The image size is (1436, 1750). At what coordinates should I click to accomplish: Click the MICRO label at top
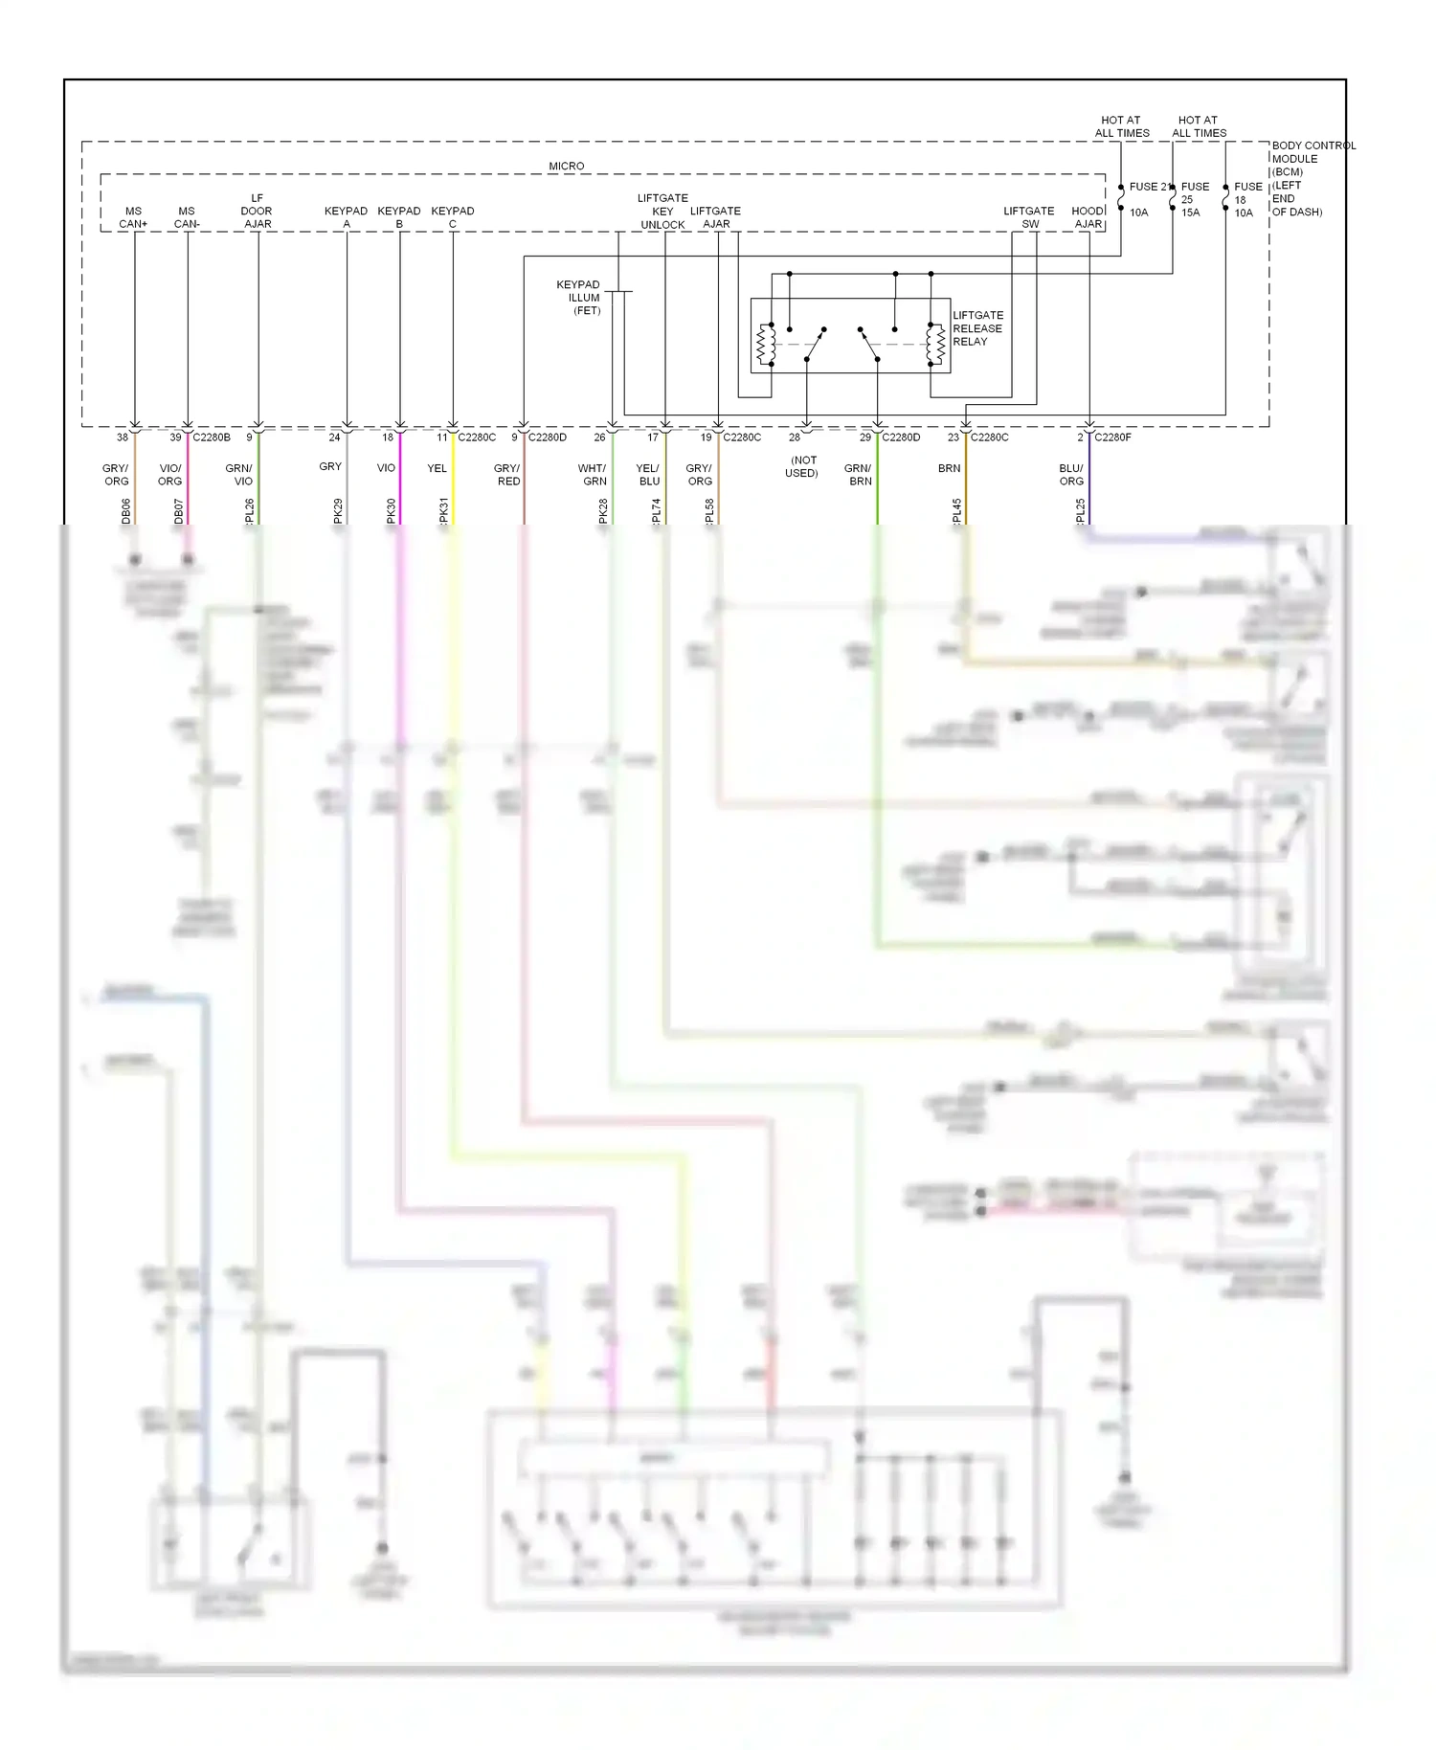(x=566, y=166)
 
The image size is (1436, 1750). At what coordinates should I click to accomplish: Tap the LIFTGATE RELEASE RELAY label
(x=977, y=328)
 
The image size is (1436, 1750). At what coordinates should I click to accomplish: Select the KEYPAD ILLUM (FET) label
(x=579, y=298)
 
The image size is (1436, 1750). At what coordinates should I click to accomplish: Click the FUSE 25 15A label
(x=1194, y=199)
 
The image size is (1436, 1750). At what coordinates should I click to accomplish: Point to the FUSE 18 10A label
(x=1246, y=199)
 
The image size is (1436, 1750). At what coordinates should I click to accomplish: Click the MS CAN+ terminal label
(x=133, y=217)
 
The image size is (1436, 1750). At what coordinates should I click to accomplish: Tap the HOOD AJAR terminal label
(x=1088, y=217)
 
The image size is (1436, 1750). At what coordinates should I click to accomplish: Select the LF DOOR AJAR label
(x=257, y=212)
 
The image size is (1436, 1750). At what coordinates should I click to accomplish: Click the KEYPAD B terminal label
(x=399, y=217)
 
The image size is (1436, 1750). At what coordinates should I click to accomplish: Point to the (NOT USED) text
(x=802, y=466)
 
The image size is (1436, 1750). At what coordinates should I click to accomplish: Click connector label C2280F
(x=1112, y=437)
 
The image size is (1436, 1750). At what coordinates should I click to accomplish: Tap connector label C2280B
(x=212, y=437)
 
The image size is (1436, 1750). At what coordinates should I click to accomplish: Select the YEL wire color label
(x=437, y=468)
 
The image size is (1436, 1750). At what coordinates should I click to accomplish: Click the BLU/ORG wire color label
(x=1071, y=475)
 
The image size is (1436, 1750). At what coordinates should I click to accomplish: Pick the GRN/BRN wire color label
(x=859, y=475)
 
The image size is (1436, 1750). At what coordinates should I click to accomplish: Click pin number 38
(x=123, y=437)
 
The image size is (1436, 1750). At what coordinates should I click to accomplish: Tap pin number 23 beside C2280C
(x=954, y=437)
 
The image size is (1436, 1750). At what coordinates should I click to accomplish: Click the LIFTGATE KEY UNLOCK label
(x=662, y=212)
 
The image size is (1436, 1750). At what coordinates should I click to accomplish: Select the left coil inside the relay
(x=766, y=346)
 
